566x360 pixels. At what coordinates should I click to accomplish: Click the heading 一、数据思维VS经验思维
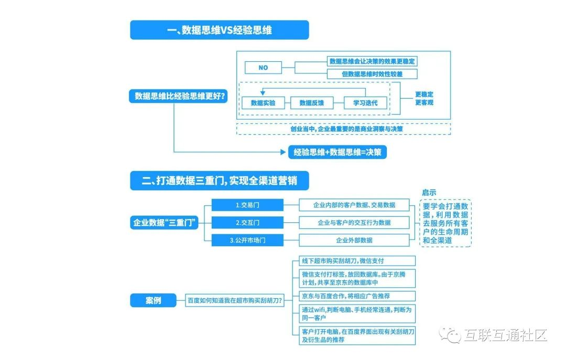[219, 30]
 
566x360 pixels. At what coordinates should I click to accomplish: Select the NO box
[263, 68]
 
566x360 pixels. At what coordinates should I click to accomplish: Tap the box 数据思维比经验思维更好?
[178, 96]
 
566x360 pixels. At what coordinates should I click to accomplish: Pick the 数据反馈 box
[312, 103]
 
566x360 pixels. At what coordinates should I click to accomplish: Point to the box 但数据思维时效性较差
[372, 74]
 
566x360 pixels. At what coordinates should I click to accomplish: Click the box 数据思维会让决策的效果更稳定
[372, 62]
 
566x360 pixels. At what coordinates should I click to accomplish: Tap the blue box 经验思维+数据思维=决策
[337, 152]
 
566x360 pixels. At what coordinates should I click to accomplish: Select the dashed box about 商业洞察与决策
[343, 128]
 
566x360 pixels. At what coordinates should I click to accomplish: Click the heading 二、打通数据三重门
[219, 181]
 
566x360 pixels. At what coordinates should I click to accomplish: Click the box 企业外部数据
[354, 241]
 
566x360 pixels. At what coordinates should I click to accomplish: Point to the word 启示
[429, 192]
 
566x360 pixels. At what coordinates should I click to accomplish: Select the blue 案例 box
[153, 300]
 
